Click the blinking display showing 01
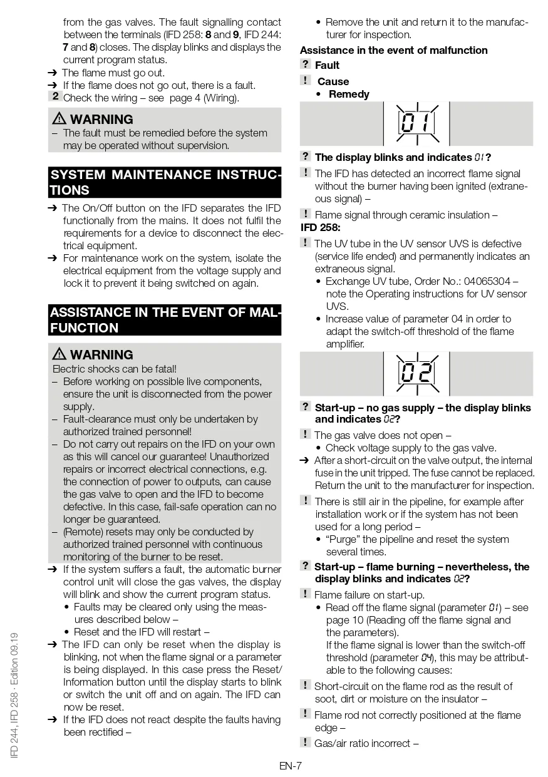[416, 123]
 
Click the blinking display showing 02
[416, 374]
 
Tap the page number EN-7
[291, 765]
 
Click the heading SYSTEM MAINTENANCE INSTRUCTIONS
[165, 182]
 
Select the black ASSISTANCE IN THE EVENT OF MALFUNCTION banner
[165, 320]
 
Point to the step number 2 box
[55, 96]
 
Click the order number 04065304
[484, 281]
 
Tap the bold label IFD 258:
[321, 228]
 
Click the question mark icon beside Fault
[305, 64]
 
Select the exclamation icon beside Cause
[305, 80]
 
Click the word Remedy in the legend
[349, 95]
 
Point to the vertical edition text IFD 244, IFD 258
[15, 695]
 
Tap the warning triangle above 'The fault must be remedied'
[59, 119]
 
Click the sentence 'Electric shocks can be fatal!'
[115, 369]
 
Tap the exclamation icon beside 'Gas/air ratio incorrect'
[305, 742]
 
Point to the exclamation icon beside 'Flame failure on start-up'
[305, 594]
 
